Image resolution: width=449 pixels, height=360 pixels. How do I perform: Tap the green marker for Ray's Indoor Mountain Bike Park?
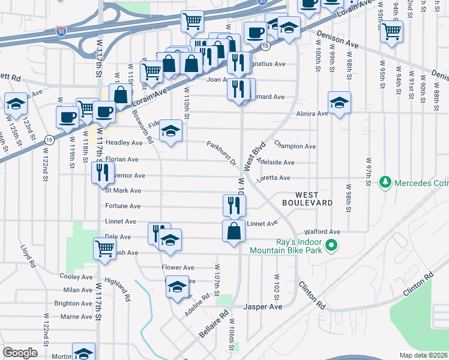[330, 245]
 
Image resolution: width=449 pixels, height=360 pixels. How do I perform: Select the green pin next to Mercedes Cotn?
[384, 182]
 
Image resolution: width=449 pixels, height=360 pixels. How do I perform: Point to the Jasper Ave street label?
[262, 307]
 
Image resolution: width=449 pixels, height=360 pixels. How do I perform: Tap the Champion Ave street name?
[294, 146]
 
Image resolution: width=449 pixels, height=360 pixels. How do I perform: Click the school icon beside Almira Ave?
[339, 103]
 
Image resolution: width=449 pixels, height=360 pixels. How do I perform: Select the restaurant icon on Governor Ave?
[102, 172]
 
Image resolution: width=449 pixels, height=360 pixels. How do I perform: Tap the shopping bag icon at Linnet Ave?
[234, 230]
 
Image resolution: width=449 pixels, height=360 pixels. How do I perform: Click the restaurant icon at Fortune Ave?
[234, 205]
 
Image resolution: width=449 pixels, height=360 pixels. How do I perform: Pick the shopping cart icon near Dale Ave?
[105, 248]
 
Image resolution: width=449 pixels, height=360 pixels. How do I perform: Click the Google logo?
[20, 353]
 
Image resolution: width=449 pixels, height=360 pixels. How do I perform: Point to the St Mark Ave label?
[122, 191]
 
